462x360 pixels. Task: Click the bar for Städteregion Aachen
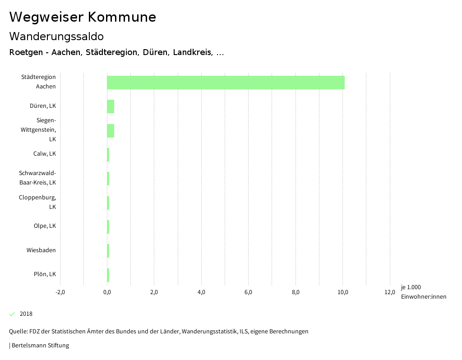click(x=226, y=83)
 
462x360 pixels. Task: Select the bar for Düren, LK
click(x=111, y=106)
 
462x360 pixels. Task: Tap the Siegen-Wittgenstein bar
click(x=111, y=130)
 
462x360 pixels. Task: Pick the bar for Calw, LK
click(x=108, y=154)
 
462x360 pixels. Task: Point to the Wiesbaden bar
click(x=108, y=250)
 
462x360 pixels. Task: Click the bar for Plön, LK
click(x=108, y=274)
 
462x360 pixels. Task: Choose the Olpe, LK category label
click(x=45, y=226)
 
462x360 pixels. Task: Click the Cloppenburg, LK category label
click(x=38, y=202)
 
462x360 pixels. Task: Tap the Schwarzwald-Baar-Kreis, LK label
click(x=37, y=178)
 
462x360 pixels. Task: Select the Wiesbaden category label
click(x=41, y=250)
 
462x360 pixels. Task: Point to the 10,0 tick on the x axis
click(x=343, y=292)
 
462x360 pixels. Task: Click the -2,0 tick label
click(x=60, y=292)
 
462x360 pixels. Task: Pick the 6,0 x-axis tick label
click(x=249, y=292)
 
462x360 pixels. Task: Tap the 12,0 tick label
click(x=390, y=292)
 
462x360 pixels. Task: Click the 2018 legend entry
click(x=26, y=314)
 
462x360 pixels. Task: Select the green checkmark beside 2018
click(x=12, y=314)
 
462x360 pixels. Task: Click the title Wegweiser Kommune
click(x=83, y=17)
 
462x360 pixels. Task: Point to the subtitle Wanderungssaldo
click(x=56, y=36)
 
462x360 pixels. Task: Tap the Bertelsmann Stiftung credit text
click(x=40, y=346)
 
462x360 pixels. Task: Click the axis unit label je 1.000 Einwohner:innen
click(x=423, y=292)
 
